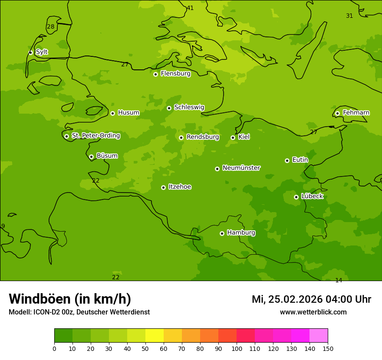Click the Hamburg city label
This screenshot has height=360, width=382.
click(x=241, y=233)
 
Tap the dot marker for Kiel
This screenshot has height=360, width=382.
click(x=233, y=137)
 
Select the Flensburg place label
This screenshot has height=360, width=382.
click(x=175, y=74)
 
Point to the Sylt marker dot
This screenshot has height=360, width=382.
click(x=30, y=52)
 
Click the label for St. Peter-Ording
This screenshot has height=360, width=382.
click(x=95, y=136)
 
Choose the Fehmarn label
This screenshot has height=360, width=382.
click(x=356, y=113)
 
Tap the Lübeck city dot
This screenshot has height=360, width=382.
click(x=296, y=197)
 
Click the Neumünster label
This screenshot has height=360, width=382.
click(x=241, y=168)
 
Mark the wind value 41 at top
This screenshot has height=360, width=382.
click(x=190, y=8)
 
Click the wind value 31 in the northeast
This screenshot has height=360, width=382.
click(x=349, y=16)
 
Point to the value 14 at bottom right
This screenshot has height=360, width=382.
click(x=339, y=280)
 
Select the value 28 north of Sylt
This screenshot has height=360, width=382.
click(x=51, y=26)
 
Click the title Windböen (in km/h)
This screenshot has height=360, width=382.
click(x=70, y=299)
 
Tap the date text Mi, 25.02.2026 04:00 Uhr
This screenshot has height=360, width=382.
click(x=311, y=299)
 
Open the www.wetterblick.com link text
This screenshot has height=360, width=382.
click(x=313, y=312)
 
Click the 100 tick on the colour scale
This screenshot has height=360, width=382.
click(x=237, y=349)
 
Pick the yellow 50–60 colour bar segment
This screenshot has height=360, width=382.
click(x=155, y=336)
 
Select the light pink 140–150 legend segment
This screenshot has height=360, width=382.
click(x=319, y=336)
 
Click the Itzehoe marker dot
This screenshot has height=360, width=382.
click(x=163, y=187)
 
